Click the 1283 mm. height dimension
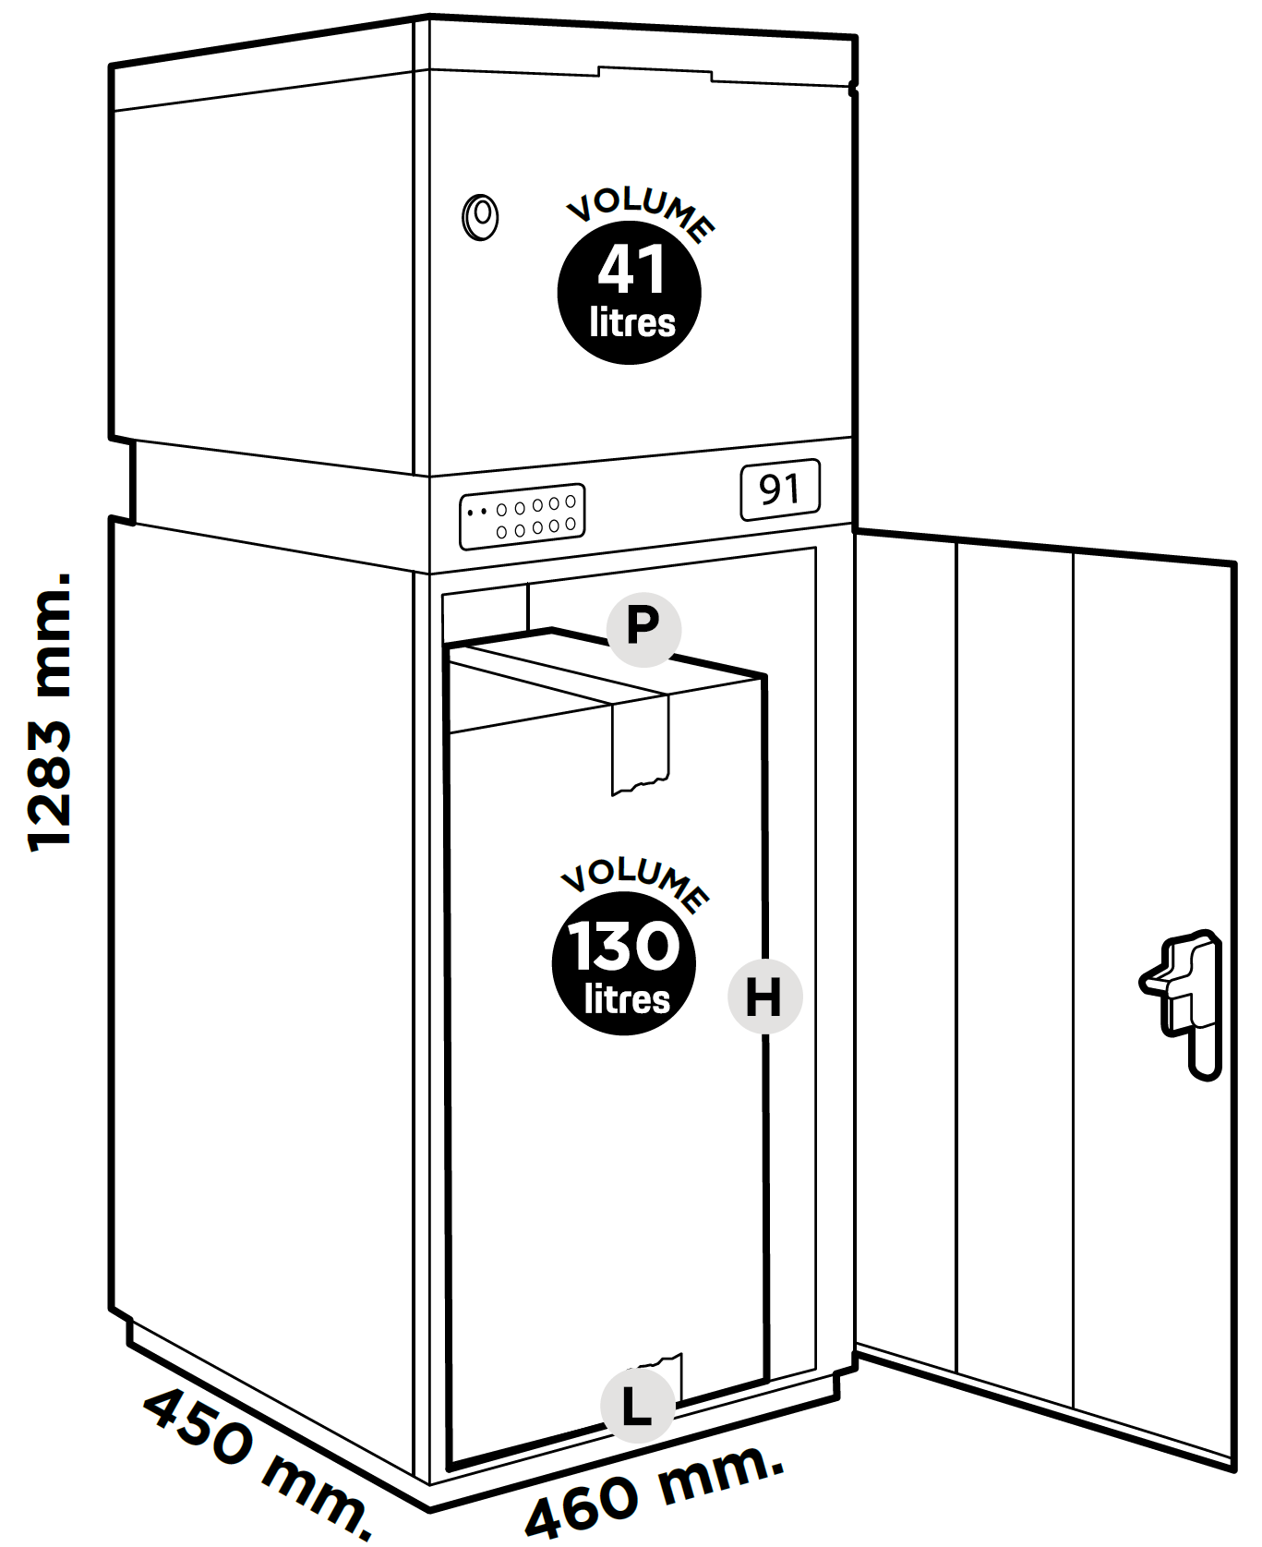coord(51,711)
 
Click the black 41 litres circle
coord(630,293)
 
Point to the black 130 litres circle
coord(624,963)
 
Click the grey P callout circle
coord(643,629)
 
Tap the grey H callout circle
coord(764,997)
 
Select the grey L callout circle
coord(637,1406)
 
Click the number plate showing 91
coord(780,489)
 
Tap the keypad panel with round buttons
coord(523,517)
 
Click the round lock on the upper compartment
coord(480,218)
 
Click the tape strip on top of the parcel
coord(640,739)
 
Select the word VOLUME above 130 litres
coord(635,882)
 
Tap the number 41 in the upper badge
coord(631,269)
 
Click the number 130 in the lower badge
coord(624,946)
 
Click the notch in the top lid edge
coord(655,72)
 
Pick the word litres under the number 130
coord(627,1000)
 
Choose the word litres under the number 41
coord(632,323)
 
